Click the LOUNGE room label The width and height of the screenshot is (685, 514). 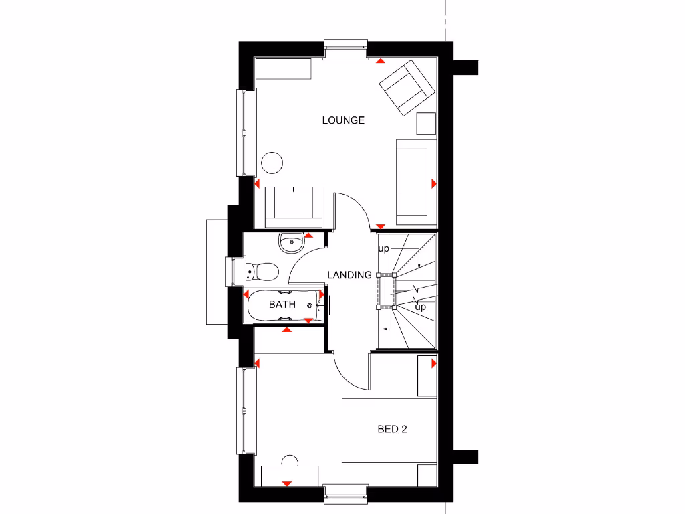(x=343, y=120)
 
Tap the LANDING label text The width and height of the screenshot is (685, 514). (x=349, y=275)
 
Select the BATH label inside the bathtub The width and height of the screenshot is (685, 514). (x=282, y=305)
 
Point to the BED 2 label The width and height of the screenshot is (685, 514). (x=392, y=430)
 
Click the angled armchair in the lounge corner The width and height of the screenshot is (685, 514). (x=406, y=88)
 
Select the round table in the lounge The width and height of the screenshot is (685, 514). (x=272, y=163)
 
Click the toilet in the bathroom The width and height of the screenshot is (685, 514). (x=263, y=272)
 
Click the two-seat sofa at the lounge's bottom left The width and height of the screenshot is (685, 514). (x=294, y=206)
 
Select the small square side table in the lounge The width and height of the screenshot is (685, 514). (x=426, y=124)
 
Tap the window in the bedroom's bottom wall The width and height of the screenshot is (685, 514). (x=346, y=491)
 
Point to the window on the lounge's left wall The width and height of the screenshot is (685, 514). (x=248, y=132)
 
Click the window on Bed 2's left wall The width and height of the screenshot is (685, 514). (x=248, y=410)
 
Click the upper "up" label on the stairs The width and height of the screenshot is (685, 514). (x=383, y=249)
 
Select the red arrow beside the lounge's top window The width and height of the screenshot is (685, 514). (x=380, y=62)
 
